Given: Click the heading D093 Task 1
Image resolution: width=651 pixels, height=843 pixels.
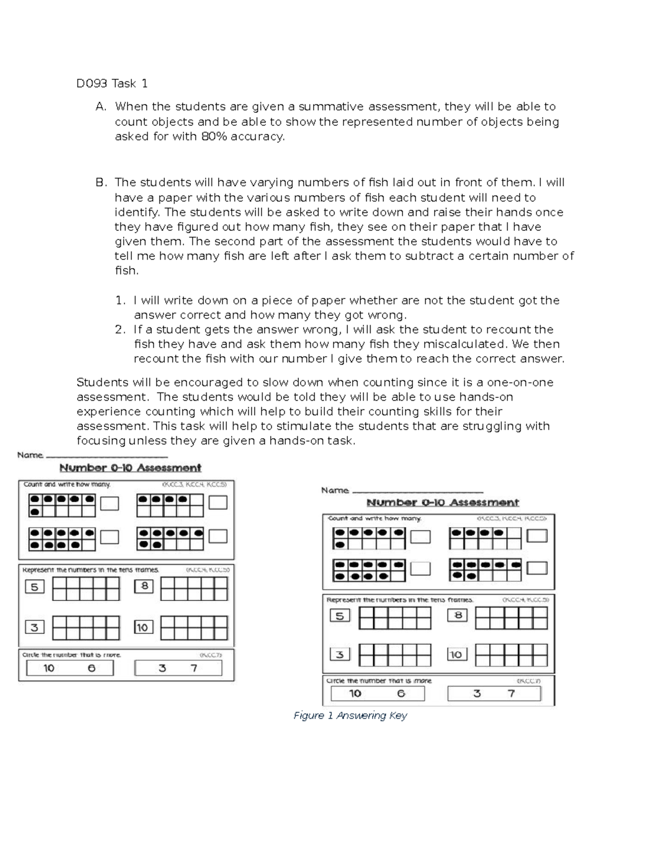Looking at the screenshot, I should click(x=112, y=84).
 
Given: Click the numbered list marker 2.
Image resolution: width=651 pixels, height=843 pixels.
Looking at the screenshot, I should click(x=120, y=330).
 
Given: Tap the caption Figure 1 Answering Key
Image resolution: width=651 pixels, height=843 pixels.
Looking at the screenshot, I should click(x=350, y=716).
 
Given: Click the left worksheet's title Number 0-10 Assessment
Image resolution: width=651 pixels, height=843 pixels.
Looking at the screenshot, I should click(x=130, y=468).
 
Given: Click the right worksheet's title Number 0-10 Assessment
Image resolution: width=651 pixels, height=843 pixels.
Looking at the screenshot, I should click(x=443, y=503).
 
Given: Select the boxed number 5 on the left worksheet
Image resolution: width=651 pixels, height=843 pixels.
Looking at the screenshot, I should click(x=34, y=587).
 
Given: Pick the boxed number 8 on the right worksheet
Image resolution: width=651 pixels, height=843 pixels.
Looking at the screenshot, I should click(x=457, y=616).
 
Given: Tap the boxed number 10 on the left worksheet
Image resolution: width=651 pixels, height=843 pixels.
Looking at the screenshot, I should click(x=142, y=628).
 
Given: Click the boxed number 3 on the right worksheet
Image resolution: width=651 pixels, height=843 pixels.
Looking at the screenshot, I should click(x=340, y=655).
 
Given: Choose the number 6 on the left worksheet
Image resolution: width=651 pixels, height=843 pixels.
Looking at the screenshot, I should click(x=91, y=668).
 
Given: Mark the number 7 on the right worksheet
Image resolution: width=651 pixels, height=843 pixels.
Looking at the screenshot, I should click(x=510, y=694).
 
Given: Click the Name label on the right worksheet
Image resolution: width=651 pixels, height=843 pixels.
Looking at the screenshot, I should click(x=334, y=491).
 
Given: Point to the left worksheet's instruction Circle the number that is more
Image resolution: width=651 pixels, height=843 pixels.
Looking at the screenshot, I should click(x=72, y=655).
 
